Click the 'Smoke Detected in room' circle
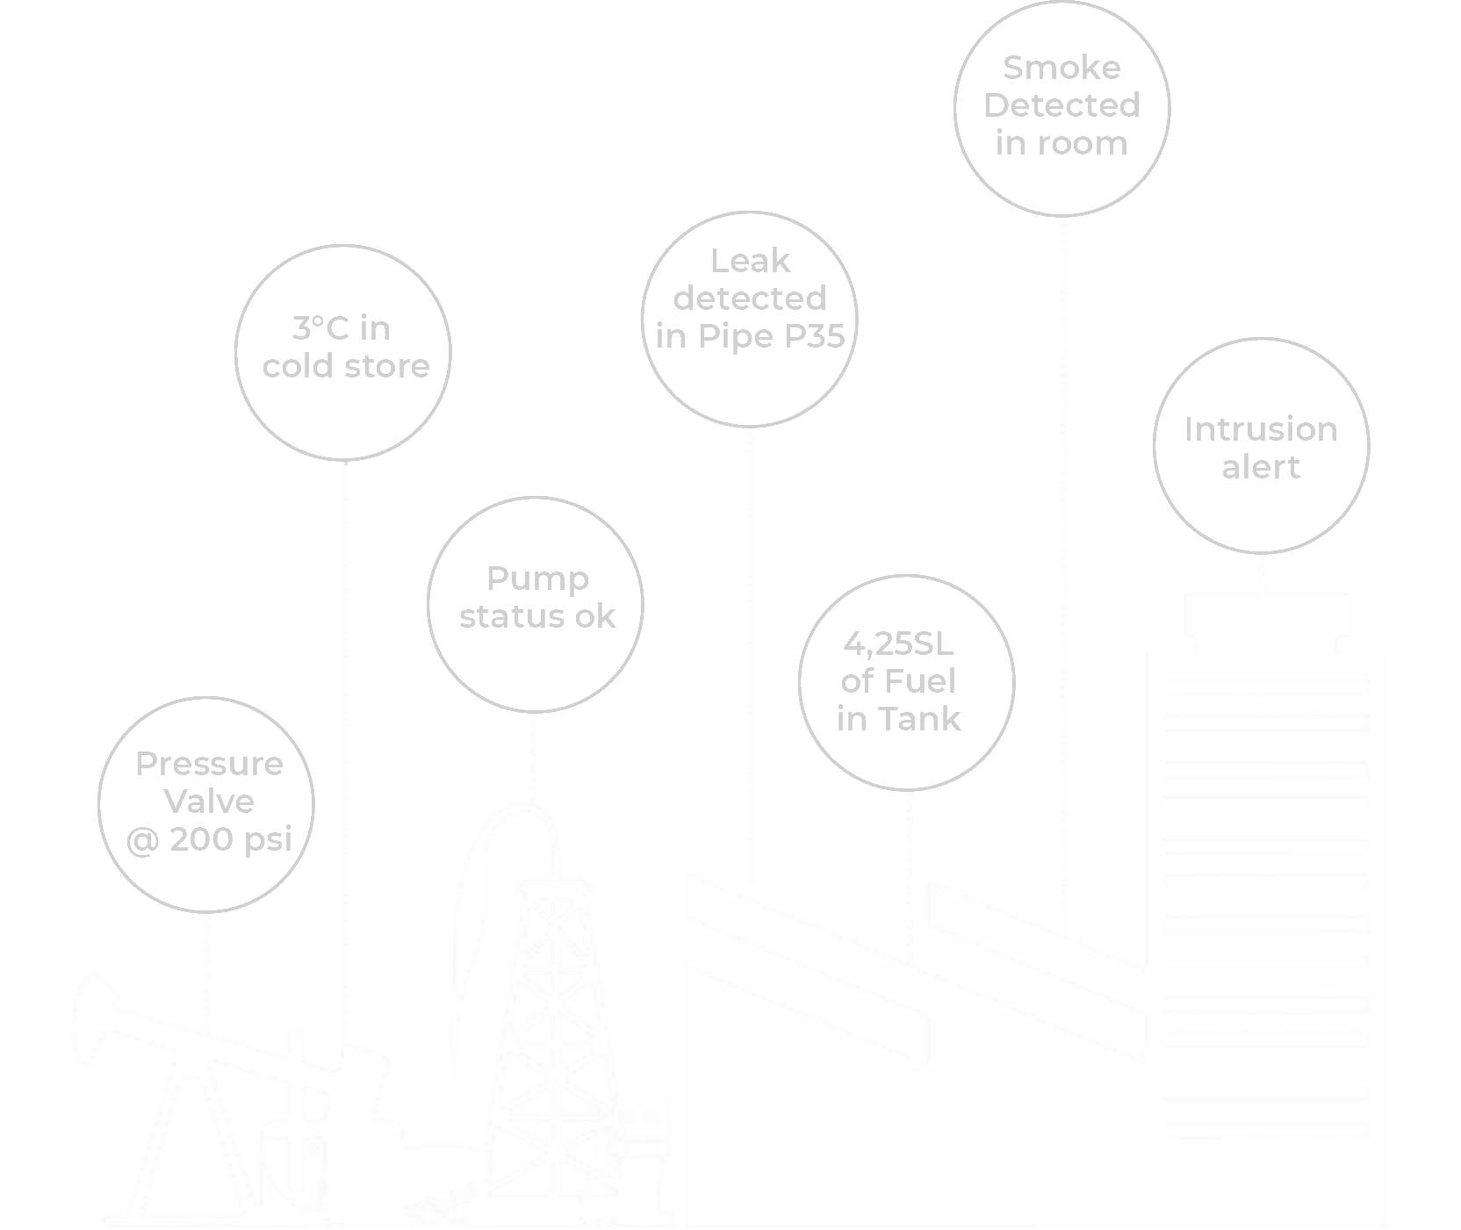[1062, 105]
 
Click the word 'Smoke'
[1062, 68]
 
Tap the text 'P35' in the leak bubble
[814, 336]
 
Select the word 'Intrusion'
[1261, 429]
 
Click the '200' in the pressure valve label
[201, 840]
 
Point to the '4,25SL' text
[898, 644]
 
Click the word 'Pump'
[537, 579]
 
